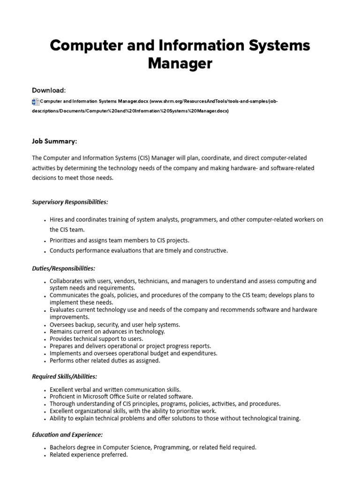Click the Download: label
[x=49, y=90]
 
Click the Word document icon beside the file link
[x=35, y=101]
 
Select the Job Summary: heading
[x=54, y=141]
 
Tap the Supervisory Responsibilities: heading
[x=70, y=202]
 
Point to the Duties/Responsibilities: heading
[x=63, y=269]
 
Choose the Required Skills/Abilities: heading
[x=64, y=376]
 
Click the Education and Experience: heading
[x=67, y=435]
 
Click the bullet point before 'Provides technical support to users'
[x=45, y=339]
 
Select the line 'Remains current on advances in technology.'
[x=107, y=331]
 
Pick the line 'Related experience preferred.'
[x=89, y=455]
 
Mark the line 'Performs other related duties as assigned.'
[x=105, y=361]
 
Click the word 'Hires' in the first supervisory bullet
[x=58, y=219]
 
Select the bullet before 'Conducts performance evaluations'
[x=45, y=251]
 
